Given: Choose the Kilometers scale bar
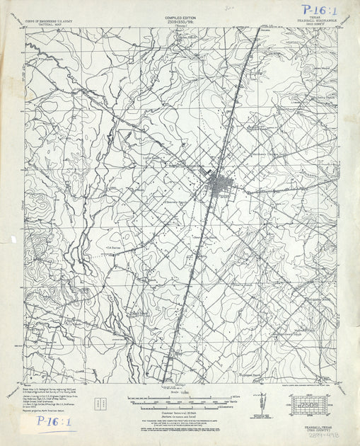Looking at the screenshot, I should pyautogui.click(x=187, y=406).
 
